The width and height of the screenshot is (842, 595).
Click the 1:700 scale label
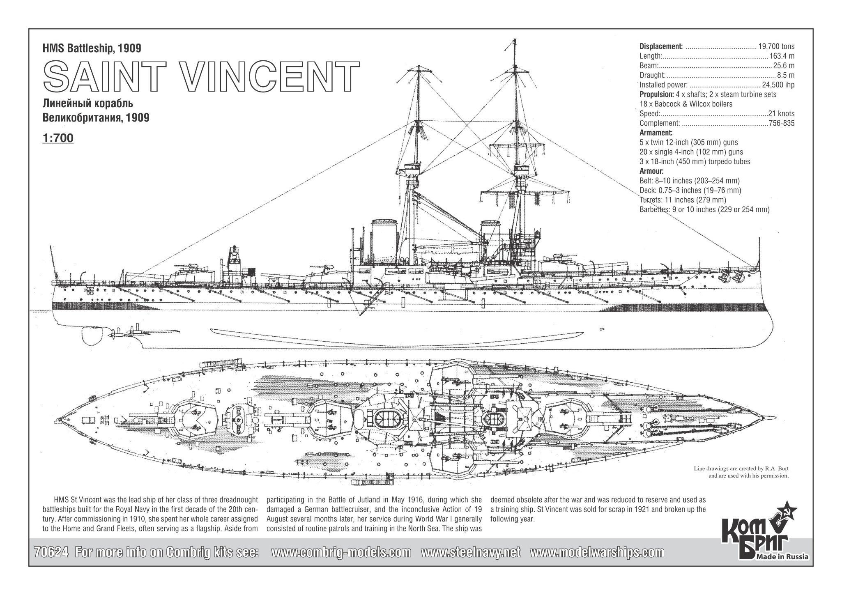pyautogui.click(x=58, y=138)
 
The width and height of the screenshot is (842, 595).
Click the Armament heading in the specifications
pyautogui.click(x=656, y=133)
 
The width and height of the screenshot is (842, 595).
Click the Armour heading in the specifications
pyautogui.click(x=652, y=171)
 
